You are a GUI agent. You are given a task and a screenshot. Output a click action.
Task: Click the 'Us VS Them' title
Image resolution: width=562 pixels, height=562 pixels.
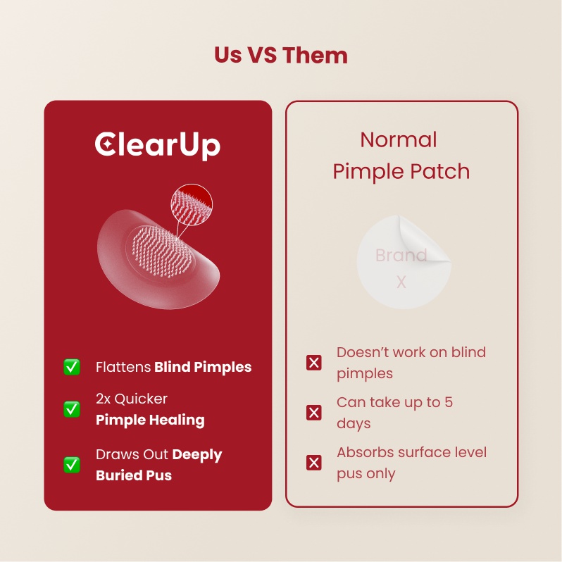coord(281,55)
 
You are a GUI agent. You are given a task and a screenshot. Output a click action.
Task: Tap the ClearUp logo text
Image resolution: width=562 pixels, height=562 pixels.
coord(158,144)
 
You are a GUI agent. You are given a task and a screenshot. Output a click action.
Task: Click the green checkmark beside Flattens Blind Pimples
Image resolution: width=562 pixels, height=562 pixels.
coord(72,367)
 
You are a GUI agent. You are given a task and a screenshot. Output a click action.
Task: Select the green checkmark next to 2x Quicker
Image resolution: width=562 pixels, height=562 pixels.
coord(72,409)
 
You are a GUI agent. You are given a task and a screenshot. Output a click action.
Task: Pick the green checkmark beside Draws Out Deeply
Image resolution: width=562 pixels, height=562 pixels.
coord(72,465)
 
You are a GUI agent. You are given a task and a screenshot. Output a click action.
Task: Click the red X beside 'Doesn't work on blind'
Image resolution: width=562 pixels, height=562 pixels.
coord(314,363)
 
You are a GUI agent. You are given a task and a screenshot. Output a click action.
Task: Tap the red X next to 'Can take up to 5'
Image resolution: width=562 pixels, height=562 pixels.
coord(314,413)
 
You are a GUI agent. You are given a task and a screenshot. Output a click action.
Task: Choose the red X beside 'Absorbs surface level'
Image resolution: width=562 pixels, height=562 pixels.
coord(314,463)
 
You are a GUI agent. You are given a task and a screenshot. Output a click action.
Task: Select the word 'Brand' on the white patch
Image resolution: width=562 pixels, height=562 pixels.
coord(401,255)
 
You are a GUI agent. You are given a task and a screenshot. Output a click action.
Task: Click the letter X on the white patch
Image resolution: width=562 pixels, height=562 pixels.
coord(401,282)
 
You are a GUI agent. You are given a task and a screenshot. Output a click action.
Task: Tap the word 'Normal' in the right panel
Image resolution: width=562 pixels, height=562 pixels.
coord(399,139)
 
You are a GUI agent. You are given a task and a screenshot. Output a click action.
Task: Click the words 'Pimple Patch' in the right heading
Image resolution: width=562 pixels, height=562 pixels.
coord(401,171)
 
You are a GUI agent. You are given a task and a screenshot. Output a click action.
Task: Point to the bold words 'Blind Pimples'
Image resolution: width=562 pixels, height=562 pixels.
coord(203,367)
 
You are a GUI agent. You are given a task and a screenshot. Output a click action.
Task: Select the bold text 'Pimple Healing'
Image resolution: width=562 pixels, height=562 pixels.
coord(150,420)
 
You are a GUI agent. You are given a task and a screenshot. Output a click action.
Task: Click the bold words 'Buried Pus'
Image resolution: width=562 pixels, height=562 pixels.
coord(134,475)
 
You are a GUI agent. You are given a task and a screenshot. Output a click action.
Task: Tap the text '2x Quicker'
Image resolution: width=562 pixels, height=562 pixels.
coord(132,399)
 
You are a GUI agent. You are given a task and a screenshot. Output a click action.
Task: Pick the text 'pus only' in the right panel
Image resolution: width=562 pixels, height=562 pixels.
coord(366,473)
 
